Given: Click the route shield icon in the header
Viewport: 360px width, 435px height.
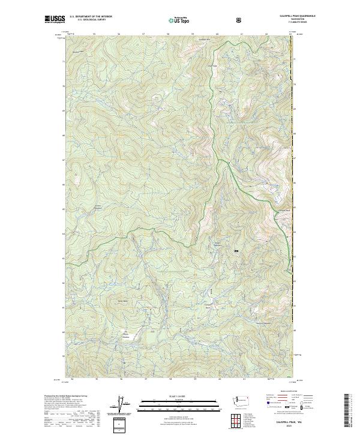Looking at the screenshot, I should coord(240,19).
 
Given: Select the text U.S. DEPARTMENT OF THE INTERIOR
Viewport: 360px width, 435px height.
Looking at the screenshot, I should coord(91,16).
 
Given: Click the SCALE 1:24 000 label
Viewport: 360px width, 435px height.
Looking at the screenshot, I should coord(180,395).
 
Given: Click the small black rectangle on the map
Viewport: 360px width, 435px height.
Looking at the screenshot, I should coord(236,251).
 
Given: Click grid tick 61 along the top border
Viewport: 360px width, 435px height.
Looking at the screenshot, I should coord(241,35).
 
